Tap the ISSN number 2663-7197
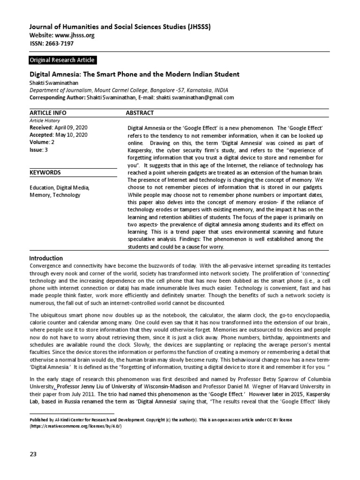tap(59, 44)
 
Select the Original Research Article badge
tap(62, 60)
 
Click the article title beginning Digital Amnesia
tap(135, 74)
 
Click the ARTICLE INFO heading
tap(48, 113)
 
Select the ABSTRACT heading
tap(140, 113)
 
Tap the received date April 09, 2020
tap(73, 127)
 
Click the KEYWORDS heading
tap(45, 172)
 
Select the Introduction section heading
tap(46, 258)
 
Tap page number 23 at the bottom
tap(33, 454)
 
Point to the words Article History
tap(43, 120)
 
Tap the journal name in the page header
tap(120, 27)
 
